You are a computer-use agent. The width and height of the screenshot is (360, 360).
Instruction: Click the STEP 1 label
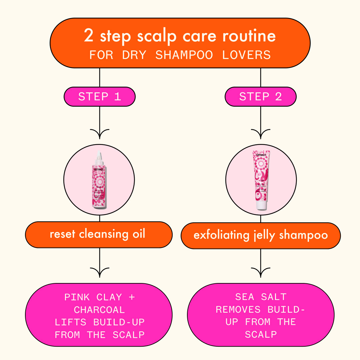pos(99,97)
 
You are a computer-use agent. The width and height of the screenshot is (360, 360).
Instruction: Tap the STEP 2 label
pos(260,97)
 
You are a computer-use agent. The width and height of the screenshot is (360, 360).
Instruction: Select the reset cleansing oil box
pos(99,234)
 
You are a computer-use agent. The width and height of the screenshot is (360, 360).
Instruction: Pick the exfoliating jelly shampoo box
pos(260,235)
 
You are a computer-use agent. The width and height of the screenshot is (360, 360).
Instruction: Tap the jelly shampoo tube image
pos(261,180)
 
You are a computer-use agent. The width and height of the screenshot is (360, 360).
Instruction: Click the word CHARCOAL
pos(99,310)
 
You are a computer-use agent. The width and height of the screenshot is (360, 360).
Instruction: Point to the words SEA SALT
pos(261,297)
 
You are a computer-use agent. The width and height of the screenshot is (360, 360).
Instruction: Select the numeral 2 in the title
pos(89,36)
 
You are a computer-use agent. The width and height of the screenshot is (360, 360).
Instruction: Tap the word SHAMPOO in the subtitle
pos(184,55)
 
